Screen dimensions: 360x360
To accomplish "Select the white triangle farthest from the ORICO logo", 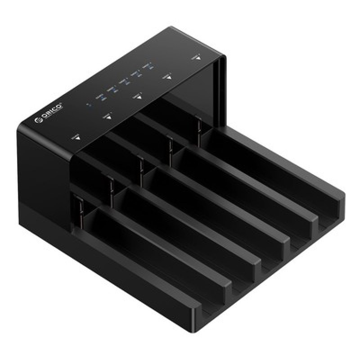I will [196, 59].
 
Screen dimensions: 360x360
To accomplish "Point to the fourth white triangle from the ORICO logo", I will [168, 77].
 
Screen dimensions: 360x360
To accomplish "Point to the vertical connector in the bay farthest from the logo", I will [198, 126].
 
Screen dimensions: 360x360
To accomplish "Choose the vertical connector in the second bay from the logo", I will [111, 186].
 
